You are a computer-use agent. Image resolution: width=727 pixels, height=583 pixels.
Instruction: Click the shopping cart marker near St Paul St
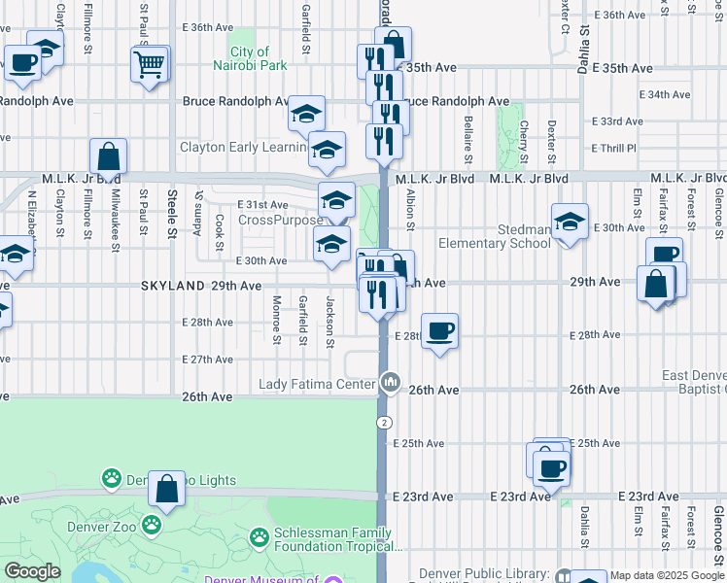tap(149, 65)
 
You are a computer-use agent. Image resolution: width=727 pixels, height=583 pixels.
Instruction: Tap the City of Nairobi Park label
tap(257, 58)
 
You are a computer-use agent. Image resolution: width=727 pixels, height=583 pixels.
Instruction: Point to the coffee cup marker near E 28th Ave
tap(440, 331)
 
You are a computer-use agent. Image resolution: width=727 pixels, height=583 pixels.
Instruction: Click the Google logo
tap(32, 571)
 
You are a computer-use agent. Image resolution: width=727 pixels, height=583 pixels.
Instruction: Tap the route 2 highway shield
tap(385, 423)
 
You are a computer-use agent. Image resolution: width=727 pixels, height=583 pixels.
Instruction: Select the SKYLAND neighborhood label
tap(173, 286)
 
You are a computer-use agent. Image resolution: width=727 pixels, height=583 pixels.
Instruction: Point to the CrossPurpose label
tap(266, 220)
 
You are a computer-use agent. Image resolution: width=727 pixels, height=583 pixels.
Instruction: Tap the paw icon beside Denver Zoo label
tap(152, 526)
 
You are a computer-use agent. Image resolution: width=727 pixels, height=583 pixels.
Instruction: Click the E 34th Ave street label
tap(641, 95)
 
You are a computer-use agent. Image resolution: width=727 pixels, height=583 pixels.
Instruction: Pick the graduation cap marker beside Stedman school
tap(570, 223)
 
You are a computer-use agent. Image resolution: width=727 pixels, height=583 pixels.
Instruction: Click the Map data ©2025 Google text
tap(659, 575)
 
